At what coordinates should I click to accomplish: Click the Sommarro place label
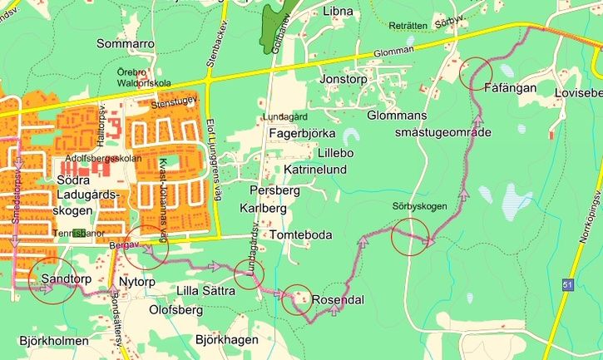(x=126, y=42)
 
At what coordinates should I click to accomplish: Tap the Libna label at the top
(x=337, y=12)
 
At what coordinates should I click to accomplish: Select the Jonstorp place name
(x=344, y=79)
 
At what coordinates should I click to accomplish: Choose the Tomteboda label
(x=301, y=235)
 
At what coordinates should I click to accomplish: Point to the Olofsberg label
(x=175, y=311)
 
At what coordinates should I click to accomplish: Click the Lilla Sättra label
(x=205, y=289)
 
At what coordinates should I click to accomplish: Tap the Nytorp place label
(x=137, y=282)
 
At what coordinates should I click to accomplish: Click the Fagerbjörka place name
(x=302, y=133)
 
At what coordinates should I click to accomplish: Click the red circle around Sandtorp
(x=52, y=280)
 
